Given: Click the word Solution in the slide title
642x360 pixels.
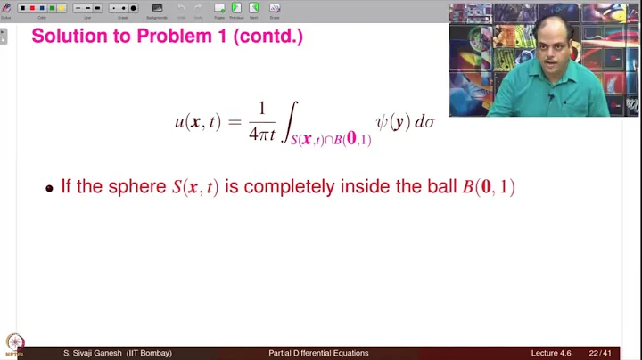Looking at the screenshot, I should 70,37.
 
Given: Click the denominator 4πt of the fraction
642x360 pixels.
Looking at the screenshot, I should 262,135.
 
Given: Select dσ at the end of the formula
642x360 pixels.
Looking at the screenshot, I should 425,122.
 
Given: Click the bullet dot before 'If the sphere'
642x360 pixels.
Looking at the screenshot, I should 50,189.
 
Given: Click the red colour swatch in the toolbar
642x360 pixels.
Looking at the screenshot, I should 32,8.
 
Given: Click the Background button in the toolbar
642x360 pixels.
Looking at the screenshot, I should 157,9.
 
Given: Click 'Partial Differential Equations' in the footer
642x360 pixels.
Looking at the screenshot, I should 318,354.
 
